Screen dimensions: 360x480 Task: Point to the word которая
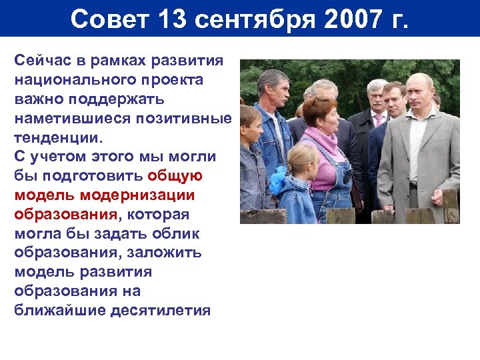point(157,215)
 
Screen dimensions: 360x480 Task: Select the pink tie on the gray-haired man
point(378,120)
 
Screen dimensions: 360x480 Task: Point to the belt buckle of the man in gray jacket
point(413,185)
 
